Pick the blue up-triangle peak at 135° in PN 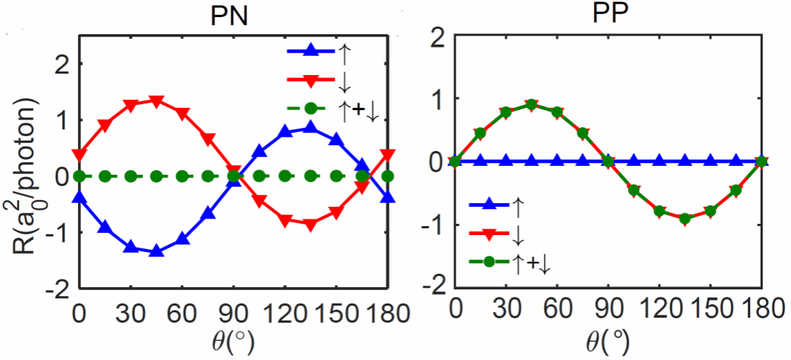point(311,128)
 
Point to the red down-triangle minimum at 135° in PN point(311,224)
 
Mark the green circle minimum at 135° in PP point(684,219)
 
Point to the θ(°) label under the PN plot point(232,342)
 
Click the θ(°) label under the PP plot point(607,344)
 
